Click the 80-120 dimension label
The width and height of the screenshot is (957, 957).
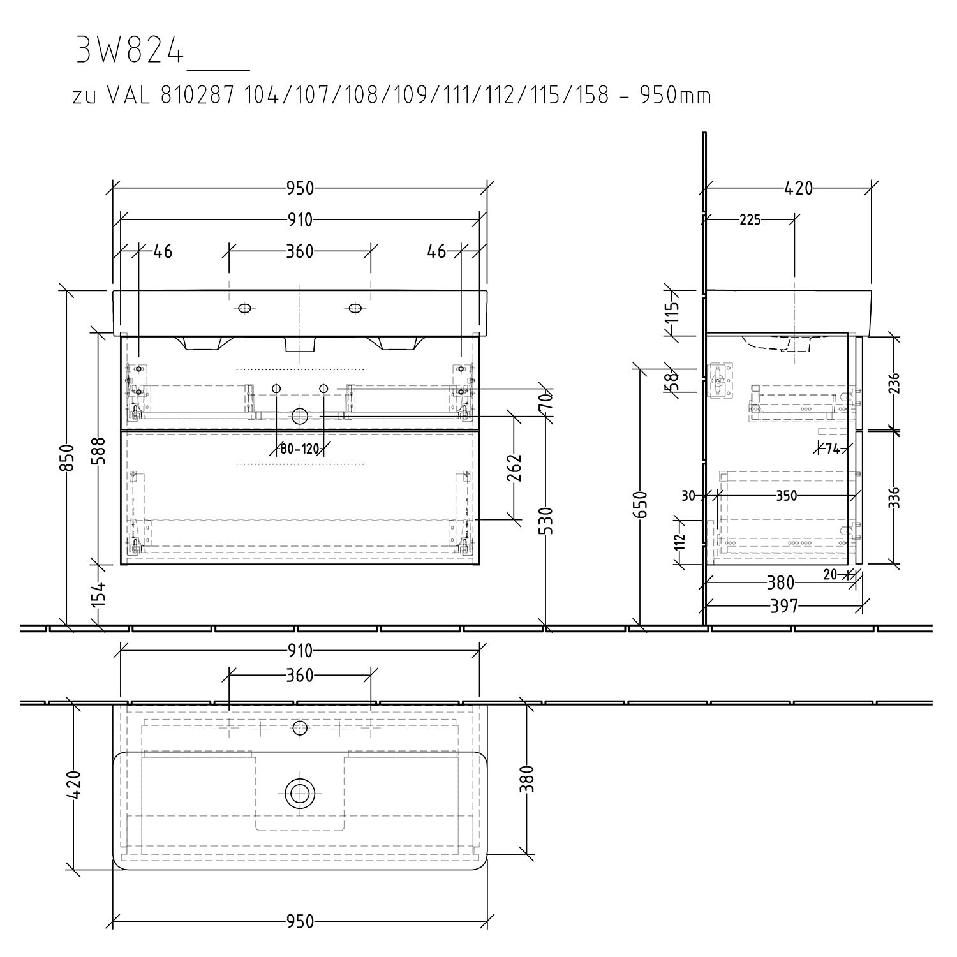(x=299, y=449)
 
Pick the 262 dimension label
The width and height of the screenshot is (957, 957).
(x=516, y=468)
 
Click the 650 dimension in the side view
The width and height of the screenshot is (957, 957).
(x=642, y=505)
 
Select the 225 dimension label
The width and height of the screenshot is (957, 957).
(x=750, y=220)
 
